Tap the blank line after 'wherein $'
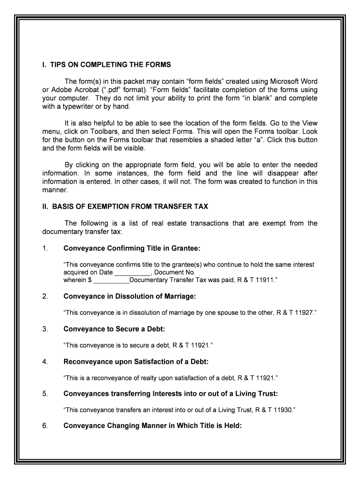111,280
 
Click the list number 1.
45,248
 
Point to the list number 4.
45,362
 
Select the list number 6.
45,426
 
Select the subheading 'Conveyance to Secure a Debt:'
114,329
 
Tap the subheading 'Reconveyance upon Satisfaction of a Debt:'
136,362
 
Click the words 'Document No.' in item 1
175,272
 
